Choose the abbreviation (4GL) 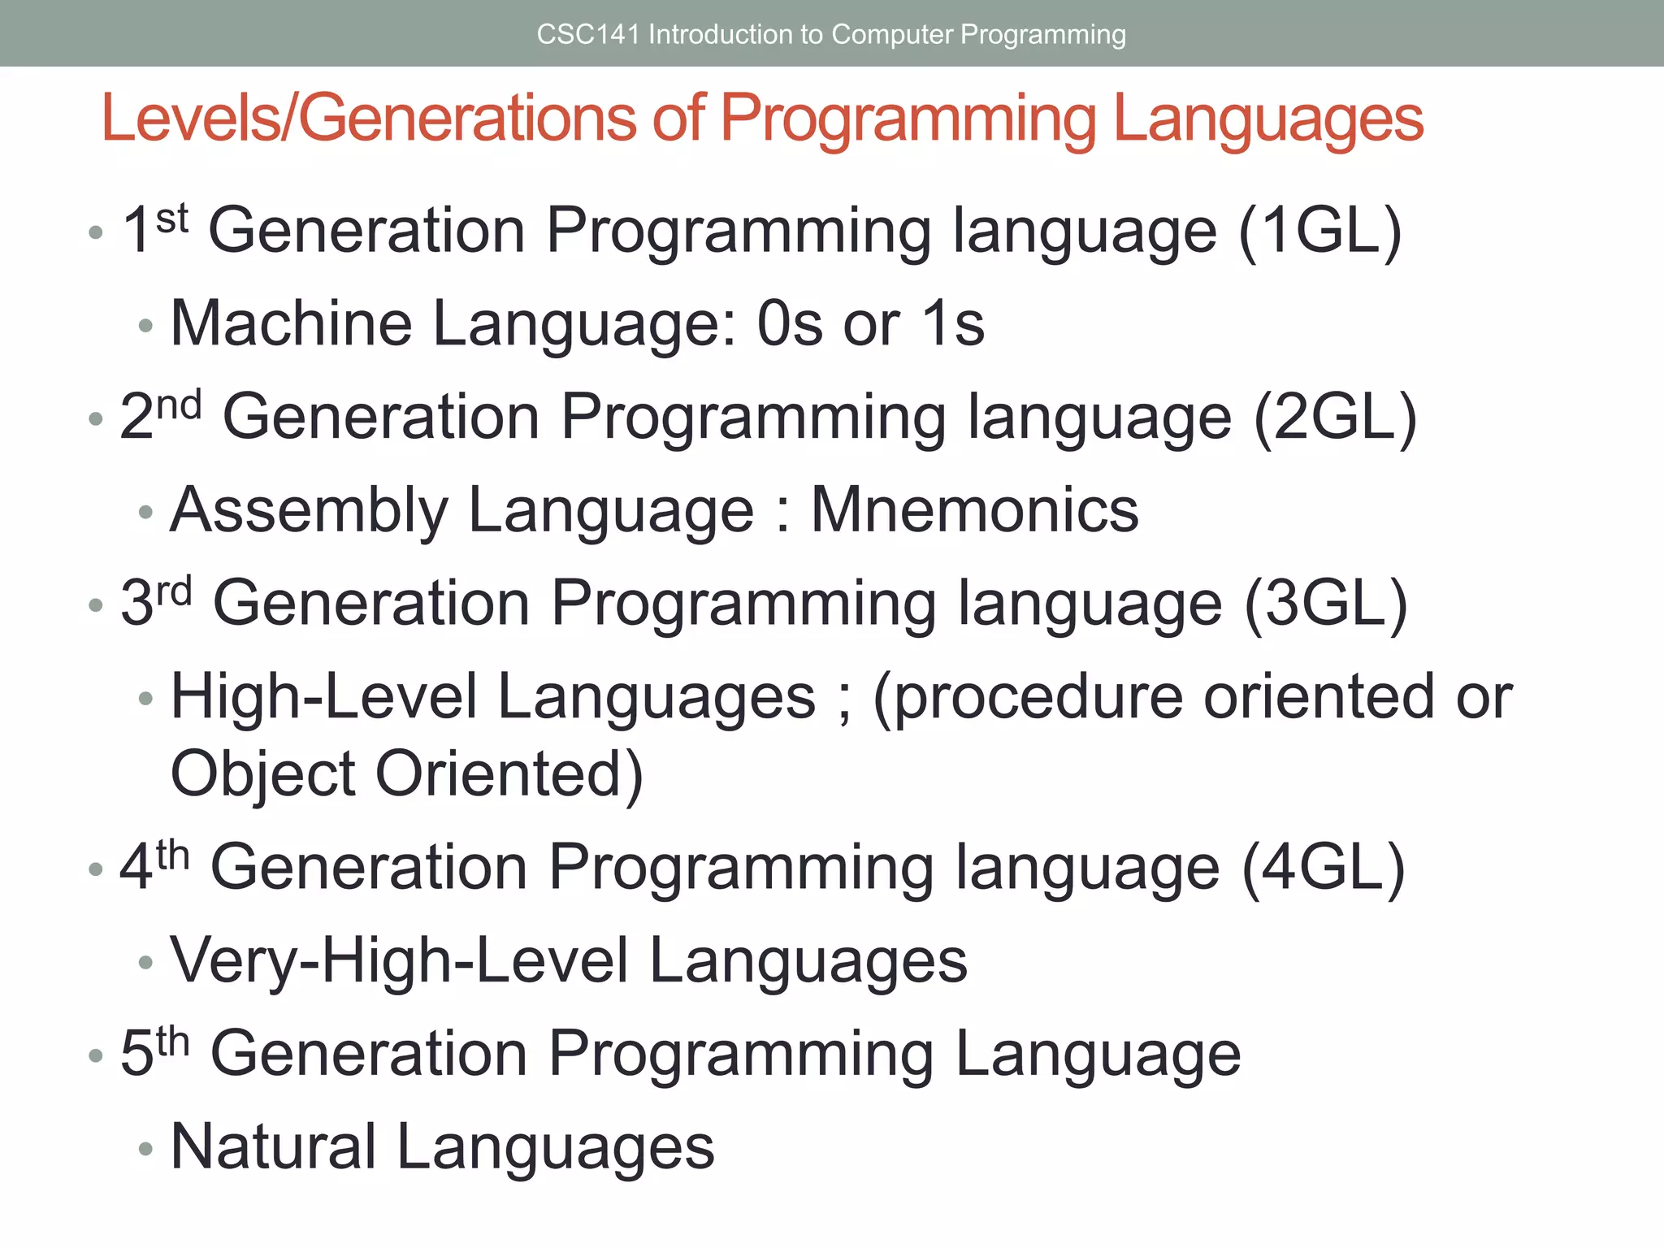pyautogui.click(x=1324, y=868)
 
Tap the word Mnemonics pyautogui.click(x=975, y=510)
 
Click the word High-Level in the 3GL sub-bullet pyautogui.click(x=324, y=697)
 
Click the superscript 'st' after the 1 pyautogui.click(x=172, y=219)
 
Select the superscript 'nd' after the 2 pyautogui.click(x=179, y=405)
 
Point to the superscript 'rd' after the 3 pyautogui.click(x=175, y=591)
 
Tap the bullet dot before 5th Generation pyautogui.click(x=96, y=1055)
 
